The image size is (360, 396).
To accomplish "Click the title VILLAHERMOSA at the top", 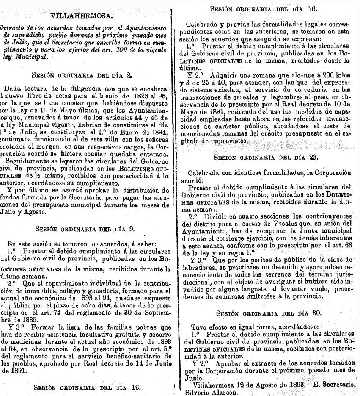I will click(82, 16).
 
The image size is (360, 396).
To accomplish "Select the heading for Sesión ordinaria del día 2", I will click(82, 75).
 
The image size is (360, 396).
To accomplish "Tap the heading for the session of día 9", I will click(84, 229).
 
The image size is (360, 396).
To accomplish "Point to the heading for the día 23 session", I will click(266, 157).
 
